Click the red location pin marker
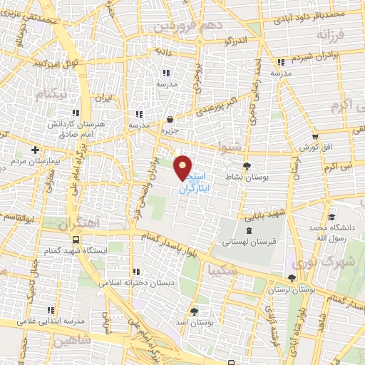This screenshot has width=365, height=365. (x=183, y=168)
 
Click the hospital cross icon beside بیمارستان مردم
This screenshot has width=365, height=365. (x=35, y=150)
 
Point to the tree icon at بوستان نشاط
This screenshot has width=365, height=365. (x=246, y=165)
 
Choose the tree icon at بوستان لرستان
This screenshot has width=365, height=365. (x=291, y=279)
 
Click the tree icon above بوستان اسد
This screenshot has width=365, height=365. (x=195, y=311)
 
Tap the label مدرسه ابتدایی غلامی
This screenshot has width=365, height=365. (x=48, y=320)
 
